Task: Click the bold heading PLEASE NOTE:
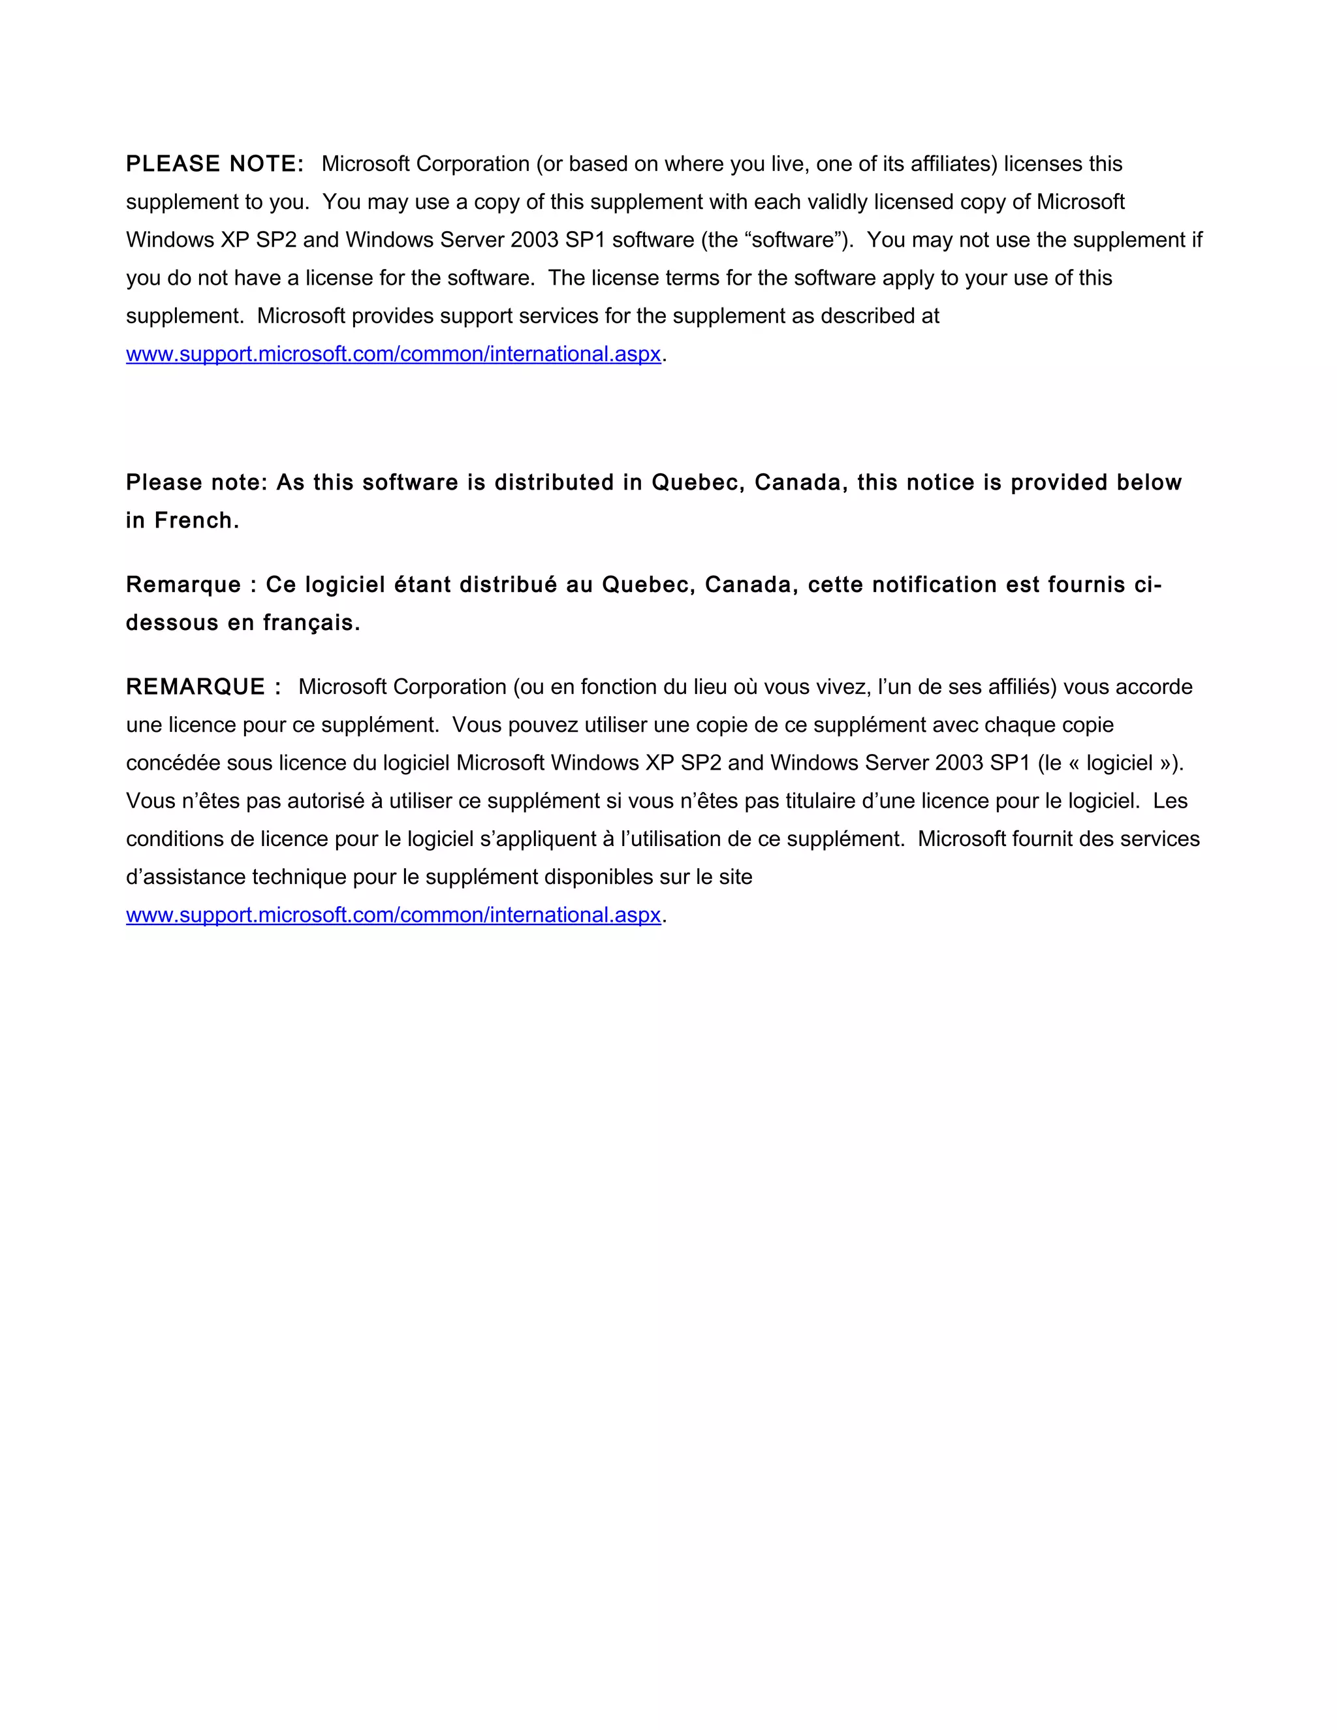[x=215, y=164]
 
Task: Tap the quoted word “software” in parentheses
[x=792, y=240]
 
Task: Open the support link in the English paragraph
[x=393, y=354]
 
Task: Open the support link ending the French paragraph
[x=393, y=915]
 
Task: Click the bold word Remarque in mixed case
[x=183, y=584]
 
